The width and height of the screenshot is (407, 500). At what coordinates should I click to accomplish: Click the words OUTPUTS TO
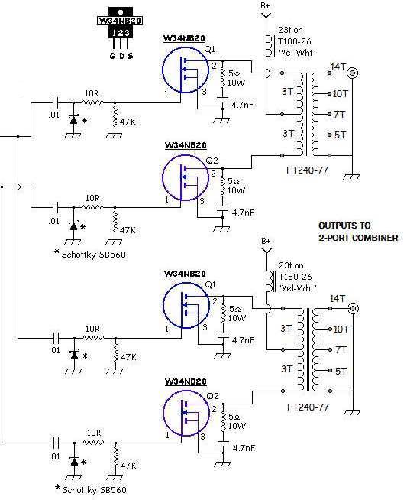point(344,227)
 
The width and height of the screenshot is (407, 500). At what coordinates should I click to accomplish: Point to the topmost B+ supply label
point(266,6)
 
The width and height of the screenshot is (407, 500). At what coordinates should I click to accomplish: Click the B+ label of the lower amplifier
point(266,241)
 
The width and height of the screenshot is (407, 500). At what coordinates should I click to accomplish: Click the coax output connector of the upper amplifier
point(354,74)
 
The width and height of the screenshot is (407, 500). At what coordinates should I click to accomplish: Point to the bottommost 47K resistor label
point(128,464)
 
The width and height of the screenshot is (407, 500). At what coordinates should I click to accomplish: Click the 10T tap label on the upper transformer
point(341,94)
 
